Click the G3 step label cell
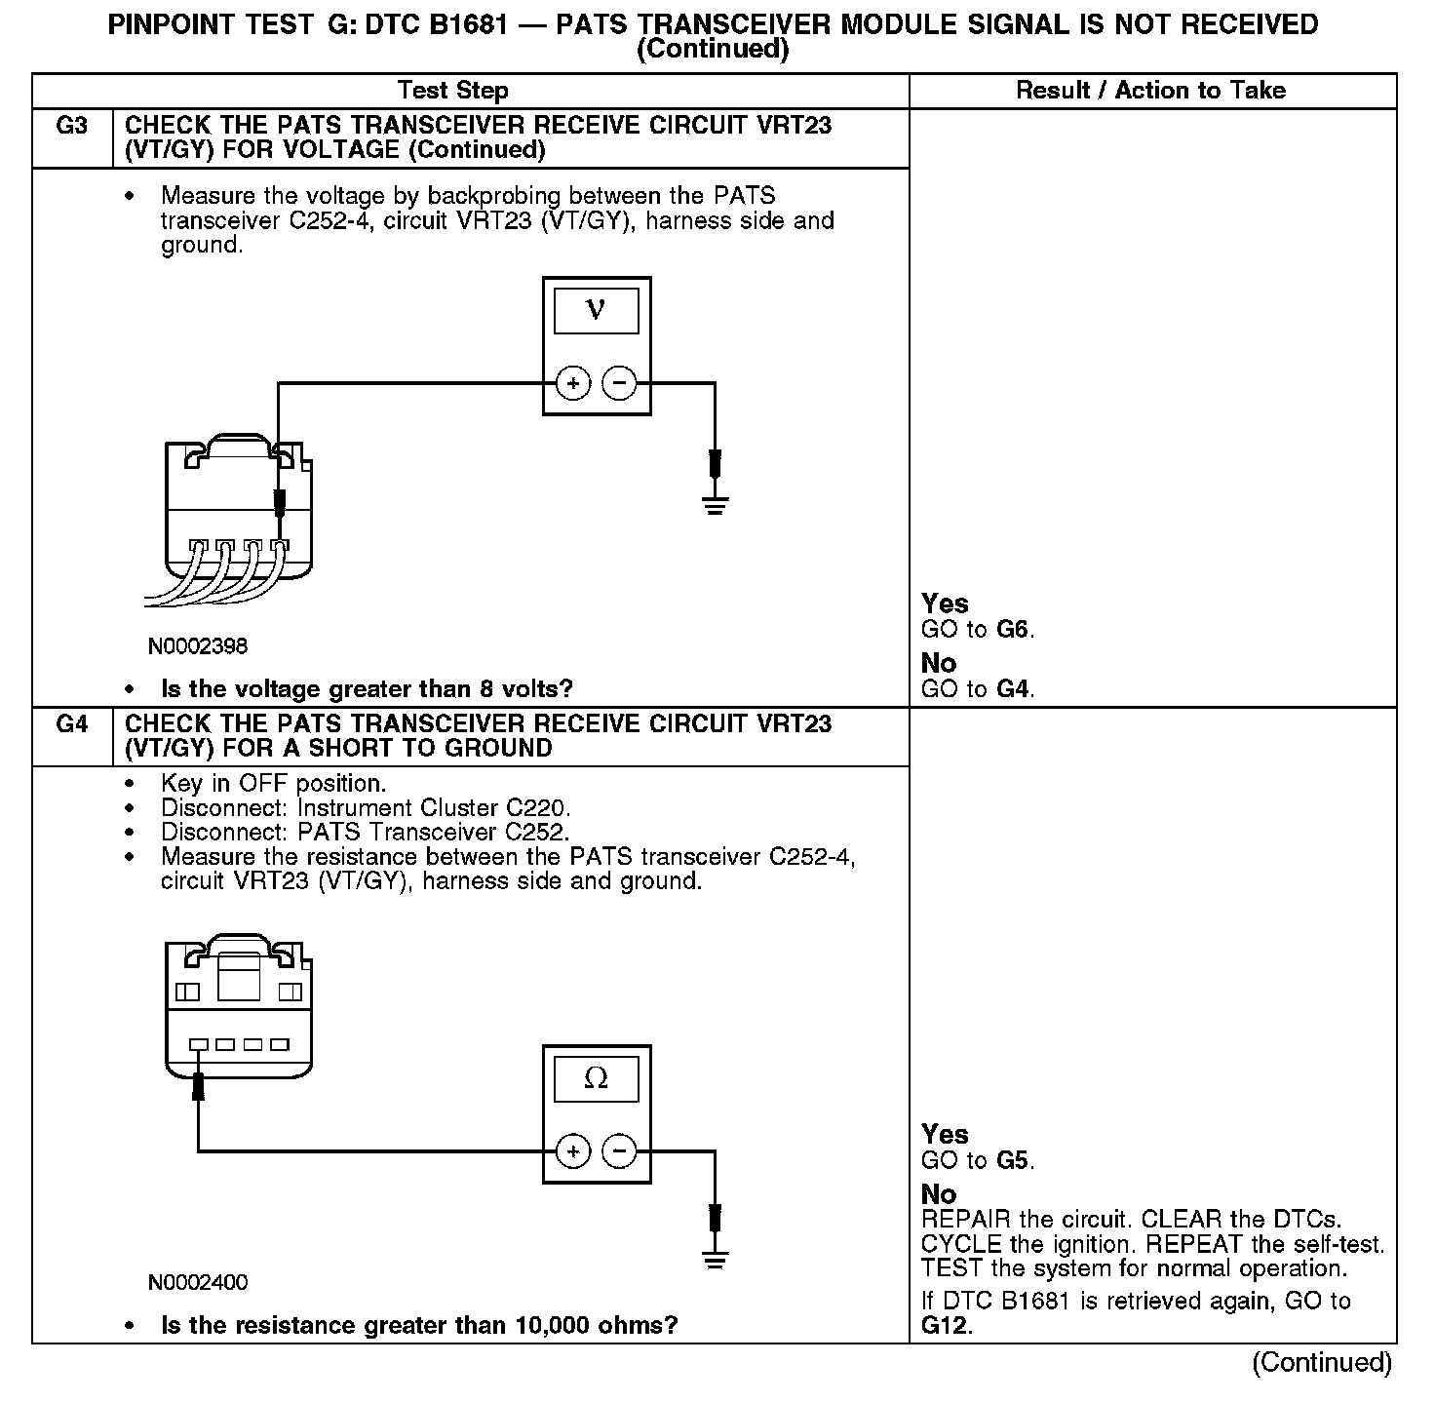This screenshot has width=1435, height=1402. tap(72, 126)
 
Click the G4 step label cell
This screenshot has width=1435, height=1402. tap(72, 724)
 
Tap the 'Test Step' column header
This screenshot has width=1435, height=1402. tap(452, 91)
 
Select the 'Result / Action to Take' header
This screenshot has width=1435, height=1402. tap(1150, 91)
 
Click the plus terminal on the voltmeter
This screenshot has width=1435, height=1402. tap(573, 383)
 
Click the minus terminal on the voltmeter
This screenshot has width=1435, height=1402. tap(619, 383)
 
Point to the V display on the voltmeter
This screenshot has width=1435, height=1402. tap(596, 311)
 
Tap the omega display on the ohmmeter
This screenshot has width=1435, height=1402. tap(596, 1078)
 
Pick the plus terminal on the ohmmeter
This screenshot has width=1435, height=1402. tap(573, 1151)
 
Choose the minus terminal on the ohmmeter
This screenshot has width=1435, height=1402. tap(619, 1151)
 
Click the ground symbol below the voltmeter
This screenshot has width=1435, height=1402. tap(715, 504)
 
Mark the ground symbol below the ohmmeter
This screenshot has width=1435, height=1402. tap(715, 1260)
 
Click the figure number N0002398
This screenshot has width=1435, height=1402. tap(198, 646)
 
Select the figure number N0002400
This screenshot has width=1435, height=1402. tap(198, 1283)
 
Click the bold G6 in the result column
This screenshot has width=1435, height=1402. tap(1013, 630)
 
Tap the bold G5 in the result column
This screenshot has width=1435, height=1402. tap(1013, 1160)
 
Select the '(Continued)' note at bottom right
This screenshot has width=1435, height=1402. tap(1322, 1362)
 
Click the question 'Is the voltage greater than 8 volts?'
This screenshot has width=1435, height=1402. tap(367, 689)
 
